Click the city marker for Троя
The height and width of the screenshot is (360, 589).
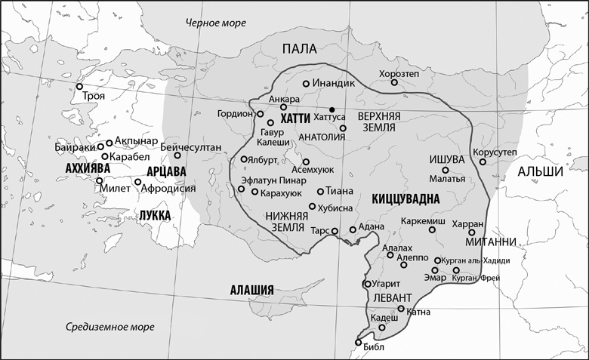point(79,87)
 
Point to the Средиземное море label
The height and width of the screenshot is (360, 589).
point(109,327)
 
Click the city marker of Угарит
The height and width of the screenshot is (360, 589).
point(366,285)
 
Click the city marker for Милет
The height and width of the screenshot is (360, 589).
point(99,181)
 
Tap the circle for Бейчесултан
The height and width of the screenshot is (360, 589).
point(178,155)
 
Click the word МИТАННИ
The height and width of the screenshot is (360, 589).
point(492,242)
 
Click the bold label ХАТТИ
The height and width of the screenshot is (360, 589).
point(295,119)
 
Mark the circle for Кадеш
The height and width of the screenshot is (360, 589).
point(382,328)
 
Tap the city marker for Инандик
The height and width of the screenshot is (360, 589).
point(306,84)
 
